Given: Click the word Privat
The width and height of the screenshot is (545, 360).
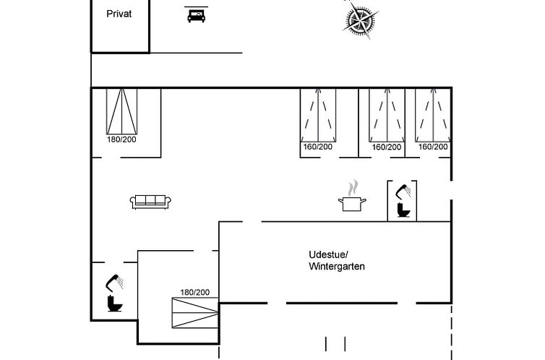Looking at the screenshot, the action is tap(119, 14).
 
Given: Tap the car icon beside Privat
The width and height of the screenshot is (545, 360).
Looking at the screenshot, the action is tap(197, 16).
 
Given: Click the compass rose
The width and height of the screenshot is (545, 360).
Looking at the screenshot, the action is tap(360, 20).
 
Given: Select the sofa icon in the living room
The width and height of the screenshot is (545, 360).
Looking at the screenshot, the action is tap(150, 202).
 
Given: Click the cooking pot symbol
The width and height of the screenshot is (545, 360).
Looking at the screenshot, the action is tap(352, 204).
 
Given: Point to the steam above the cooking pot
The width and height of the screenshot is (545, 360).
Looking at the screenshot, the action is tap(353, 188).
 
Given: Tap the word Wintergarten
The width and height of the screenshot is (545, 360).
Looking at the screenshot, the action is tap(337, 267).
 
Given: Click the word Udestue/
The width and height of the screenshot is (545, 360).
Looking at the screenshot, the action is tap(328, 254).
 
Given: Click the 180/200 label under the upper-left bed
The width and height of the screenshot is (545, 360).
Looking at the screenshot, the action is tap(121, 140).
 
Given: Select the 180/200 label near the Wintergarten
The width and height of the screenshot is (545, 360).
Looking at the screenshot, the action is tap(195, 292).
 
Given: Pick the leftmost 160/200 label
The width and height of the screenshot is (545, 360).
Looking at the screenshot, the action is tap(318, 147).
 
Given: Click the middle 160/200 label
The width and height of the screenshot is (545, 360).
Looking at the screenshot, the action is tap(387, 147).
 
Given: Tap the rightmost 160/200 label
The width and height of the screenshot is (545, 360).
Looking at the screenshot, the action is tap(433, 147).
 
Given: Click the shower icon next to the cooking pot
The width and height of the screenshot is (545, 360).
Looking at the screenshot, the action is tap(403, 192).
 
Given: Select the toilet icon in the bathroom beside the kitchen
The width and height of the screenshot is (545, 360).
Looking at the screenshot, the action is tap(404, 210).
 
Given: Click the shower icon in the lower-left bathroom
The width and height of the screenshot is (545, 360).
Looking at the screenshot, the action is tap(114, 283).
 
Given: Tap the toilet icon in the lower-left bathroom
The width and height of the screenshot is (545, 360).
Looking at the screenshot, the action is tap(115, 304).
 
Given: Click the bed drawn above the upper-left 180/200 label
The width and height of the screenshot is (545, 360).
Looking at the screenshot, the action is tap(121, 111).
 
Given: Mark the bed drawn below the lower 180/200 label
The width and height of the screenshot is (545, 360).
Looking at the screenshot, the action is tap(195, 313).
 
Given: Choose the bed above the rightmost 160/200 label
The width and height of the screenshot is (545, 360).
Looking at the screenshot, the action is tap(433, 115).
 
